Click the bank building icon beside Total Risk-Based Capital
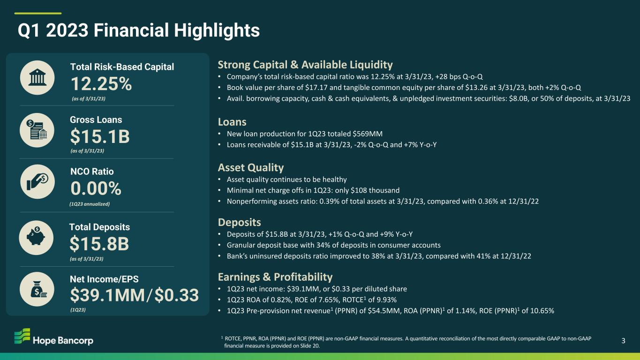point(37,77)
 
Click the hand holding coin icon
point(38,182)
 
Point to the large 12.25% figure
point(101,84)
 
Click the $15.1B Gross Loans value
point(100,136)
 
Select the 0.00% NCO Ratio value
point(96,188)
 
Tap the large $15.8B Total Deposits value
point(99,244)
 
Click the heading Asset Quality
point(250,168)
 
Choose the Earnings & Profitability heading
point(275,277)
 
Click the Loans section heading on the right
point(232,122)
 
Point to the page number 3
point(624,341)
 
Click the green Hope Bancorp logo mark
point(23,336)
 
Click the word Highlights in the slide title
point(217,30)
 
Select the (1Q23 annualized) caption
point(90,204)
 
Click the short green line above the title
point(38,13)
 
